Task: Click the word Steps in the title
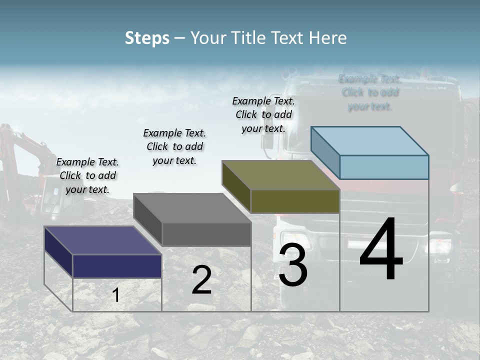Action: [147, 38]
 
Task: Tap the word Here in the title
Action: [327, 38]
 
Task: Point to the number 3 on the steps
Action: [293, 266]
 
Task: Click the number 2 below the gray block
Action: [201, 280]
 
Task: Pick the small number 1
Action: [115, 295]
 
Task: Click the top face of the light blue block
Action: [370, 140]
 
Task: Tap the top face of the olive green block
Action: [281, 175]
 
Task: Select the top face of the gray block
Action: [192, 208]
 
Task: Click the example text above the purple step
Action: [87, 175]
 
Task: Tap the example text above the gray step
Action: [174, 146]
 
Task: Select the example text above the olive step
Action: [263, 114]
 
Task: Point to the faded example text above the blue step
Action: [370, 92]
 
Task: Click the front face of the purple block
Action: [117, 266]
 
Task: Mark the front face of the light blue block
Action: [384, 167]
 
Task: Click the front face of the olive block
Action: [295, 201]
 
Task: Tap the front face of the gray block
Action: [206, 234]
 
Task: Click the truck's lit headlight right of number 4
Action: [440, 246]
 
